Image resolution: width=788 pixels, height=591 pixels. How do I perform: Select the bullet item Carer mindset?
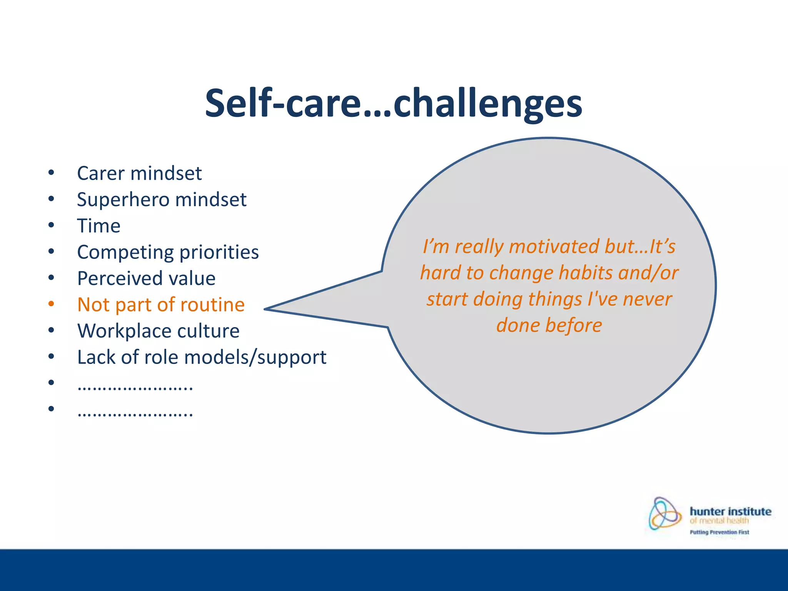[139, 174]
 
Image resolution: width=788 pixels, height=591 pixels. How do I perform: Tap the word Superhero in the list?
[123, 200]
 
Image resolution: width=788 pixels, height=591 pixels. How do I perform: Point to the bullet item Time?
[99, 226]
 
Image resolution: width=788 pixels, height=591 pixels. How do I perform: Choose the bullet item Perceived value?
[146, 279]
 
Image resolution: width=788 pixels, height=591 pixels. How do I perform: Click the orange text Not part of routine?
[161, 305]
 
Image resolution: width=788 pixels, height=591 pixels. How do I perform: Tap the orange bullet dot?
[51, 304]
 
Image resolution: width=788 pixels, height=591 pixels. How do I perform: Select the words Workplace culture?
[158, 331]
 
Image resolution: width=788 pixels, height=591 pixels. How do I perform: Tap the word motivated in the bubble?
[554, 247]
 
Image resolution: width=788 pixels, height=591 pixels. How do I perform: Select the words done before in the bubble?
[549, 326]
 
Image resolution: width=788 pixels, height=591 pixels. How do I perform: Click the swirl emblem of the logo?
[664, 513]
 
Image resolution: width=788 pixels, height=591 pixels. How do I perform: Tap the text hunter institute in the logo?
[730, 511]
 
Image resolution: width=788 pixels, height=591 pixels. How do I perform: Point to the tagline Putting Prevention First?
[719, 532]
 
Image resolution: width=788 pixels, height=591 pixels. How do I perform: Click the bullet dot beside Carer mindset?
[51, 173]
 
